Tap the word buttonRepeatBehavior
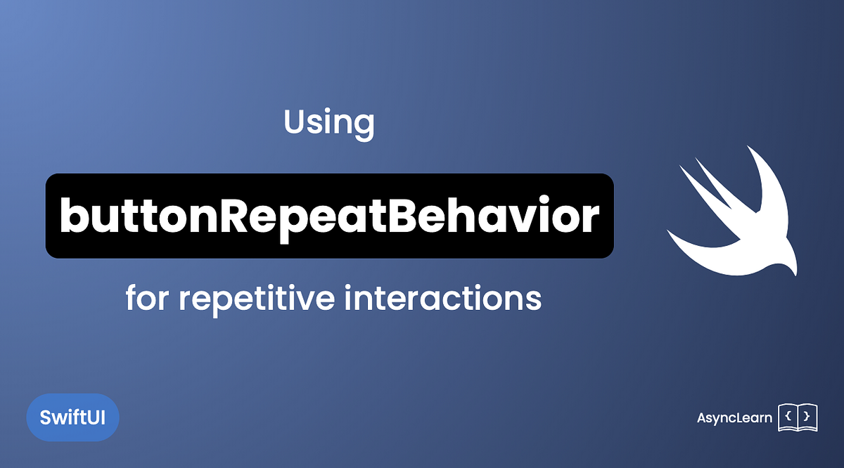[329, 216]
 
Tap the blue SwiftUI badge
[72, 417]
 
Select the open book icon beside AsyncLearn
[798, 417]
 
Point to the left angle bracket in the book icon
[788, 417]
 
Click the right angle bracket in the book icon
[806, 417]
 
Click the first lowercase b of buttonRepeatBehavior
[72, 216]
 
